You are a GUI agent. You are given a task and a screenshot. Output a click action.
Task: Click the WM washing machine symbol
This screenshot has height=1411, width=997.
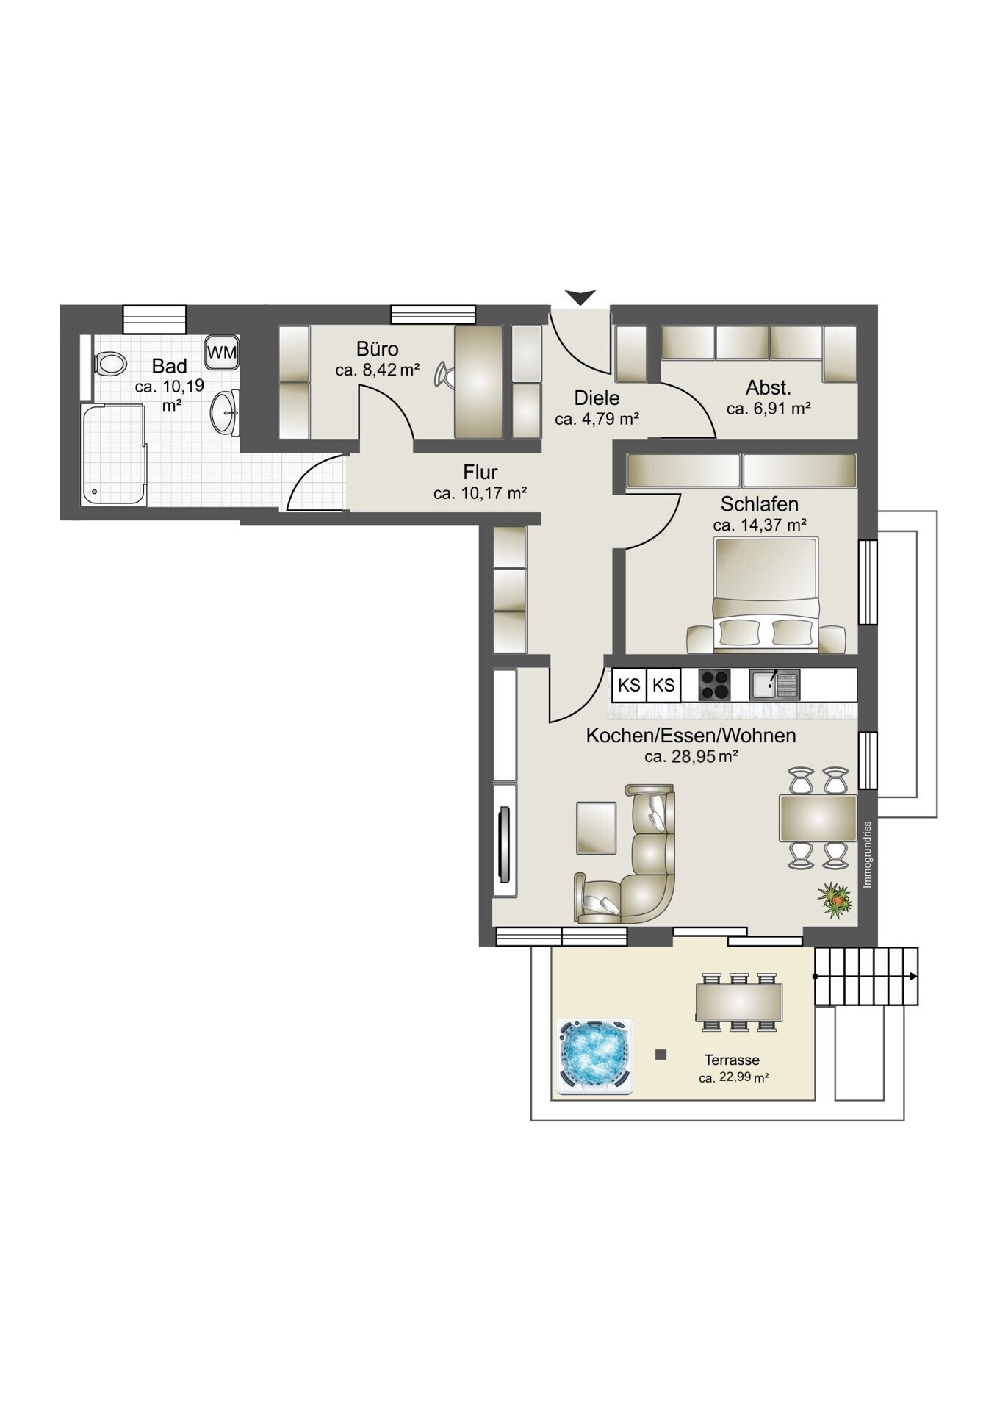(x=222, y=353)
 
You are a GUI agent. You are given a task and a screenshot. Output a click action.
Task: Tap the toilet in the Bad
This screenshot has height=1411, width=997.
(x=109, y=362)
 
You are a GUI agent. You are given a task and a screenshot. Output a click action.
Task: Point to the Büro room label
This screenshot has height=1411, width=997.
(x=378, y=348)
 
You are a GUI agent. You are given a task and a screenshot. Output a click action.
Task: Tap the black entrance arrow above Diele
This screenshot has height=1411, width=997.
(x=580, y=298)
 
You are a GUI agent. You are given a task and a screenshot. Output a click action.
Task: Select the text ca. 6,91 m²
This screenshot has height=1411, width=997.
(x=769, y=409)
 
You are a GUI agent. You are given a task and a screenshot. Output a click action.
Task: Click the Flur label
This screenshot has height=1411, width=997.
(x=480, y=472)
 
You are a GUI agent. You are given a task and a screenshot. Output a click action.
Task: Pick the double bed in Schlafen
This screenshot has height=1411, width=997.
(x=766, y=595)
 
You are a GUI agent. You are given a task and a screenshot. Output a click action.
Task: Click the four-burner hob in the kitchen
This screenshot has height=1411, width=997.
(x=715, y=685)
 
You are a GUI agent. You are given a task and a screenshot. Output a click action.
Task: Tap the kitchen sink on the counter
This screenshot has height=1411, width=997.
(x=774, y=685)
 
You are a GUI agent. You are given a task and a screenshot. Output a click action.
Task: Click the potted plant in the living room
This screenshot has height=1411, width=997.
(x=836, y=900)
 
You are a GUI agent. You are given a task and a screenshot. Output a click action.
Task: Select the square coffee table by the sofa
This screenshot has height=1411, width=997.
(x=596, y=827)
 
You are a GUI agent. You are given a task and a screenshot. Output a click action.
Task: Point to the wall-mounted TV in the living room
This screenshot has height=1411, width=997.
(x=504, y=844)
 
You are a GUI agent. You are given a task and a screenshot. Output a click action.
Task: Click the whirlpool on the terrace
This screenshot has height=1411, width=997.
(x=594, y=1057)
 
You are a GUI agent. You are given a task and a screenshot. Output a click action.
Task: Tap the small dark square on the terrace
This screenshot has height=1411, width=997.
(x=661, y=1055)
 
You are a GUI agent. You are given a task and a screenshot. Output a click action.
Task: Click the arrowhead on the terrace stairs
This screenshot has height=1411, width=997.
(x=913, y=977)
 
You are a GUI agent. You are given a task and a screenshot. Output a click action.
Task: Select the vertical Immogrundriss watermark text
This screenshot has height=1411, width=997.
(x=868, y=854)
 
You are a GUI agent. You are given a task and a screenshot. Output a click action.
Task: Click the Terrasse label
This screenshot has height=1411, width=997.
(x=732, y=1060)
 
